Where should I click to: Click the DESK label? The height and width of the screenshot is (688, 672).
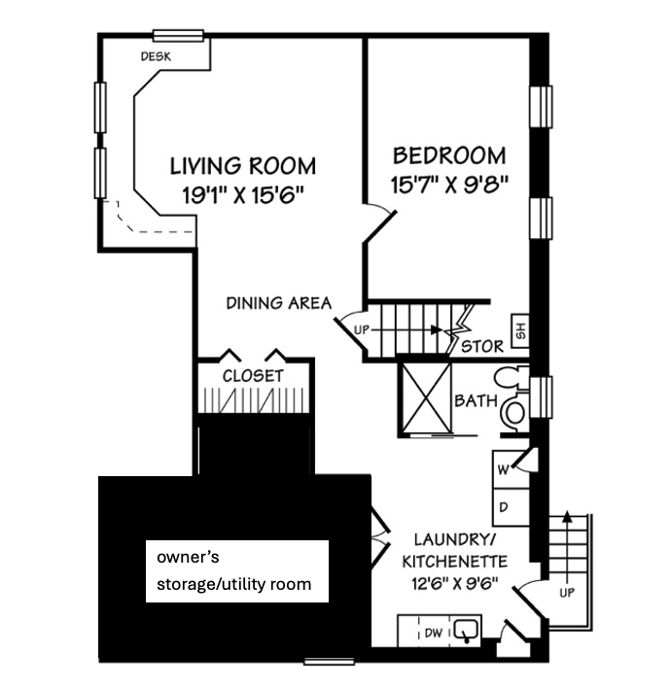pos(156,56)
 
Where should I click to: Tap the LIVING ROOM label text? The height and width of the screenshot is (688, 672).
pos(243,166)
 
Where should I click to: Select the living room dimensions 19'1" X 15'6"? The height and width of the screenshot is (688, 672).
pos(243,194)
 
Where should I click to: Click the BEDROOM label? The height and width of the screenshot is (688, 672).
pos(449,155)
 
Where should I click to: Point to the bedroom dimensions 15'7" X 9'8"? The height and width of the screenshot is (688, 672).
pos(449,185)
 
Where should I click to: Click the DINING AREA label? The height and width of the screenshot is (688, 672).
pos(279,303)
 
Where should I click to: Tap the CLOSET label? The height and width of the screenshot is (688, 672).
pos(253,376)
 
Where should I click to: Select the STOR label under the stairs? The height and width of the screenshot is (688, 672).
pos(482,347)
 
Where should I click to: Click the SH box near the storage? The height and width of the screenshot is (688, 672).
pos(520,330)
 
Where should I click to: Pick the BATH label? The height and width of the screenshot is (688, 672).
pos(476,400)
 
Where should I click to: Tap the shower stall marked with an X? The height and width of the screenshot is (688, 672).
pos(425,398)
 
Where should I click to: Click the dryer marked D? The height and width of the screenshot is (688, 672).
pos(511,507)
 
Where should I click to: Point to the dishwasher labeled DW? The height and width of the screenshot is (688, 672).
pos(434,634)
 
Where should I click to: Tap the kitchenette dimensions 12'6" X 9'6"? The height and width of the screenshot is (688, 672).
pos(455,584)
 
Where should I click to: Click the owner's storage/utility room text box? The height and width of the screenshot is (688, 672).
pos(237,571)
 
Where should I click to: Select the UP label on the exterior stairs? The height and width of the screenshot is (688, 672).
pos(567,593)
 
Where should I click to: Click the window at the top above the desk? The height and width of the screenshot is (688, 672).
pos(178,36)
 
